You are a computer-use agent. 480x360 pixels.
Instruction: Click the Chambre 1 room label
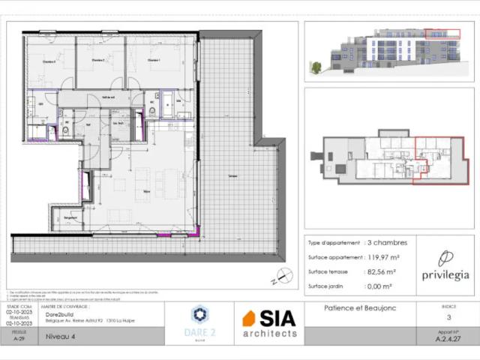154,60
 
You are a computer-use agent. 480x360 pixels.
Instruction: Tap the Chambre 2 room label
97,60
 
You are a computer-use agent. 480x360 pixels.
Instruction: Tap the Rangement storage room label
71,217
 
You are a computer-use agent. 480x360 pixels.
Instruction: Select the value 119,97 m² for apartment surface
385,257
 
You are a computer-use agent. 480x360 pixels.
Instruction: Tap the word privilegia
445,274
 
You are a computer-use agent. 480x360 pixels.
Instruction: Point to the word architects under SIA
268,333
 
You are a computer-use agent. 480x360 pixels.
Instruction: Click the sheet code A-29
19,339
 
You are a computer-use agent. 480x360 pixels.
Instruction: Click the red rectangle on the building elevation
442,33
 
